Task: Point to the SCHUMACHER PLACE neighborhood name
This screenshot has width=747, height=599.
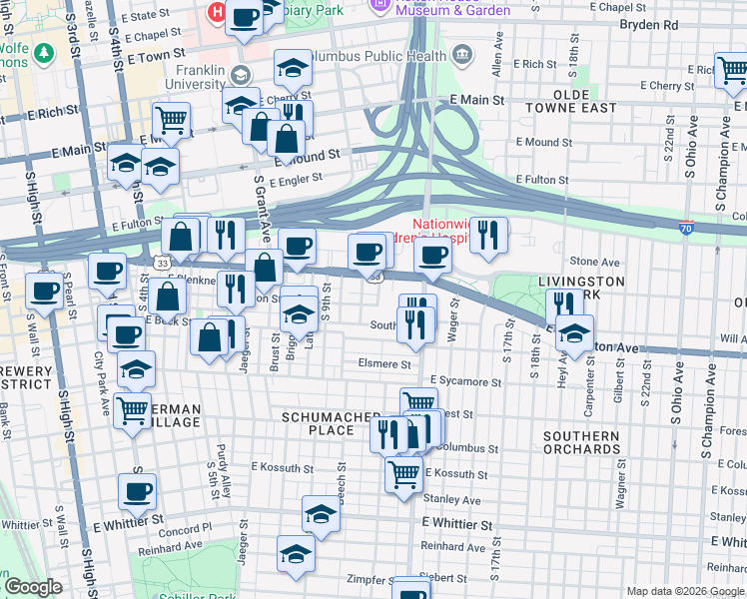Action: [331, 423]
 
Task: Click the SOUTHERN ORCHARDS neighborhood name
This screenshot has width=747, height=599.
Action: [582, 442]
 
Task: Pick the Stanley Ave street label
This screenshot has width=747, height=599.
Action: [451, 500]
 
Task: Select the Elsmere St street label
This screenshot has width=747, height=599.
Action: [384, 364]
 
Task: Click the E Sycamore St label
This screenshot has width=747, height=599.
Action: [465, 381]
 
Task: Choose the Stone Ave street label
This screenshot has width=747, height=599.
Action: [596, 262]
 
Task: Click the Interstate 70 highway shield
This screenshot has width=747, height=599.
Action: [686, 228]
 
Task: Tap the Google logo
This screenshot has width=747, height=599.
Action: [34, 587]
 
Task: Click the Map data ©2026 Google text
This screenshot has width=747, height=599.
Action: [684, 591]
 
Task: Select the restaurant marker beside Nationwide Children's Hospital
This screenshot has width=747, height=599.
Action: [488, 235]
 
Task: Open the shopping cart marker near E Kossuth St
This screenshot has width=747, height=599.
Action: [404, 473]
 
